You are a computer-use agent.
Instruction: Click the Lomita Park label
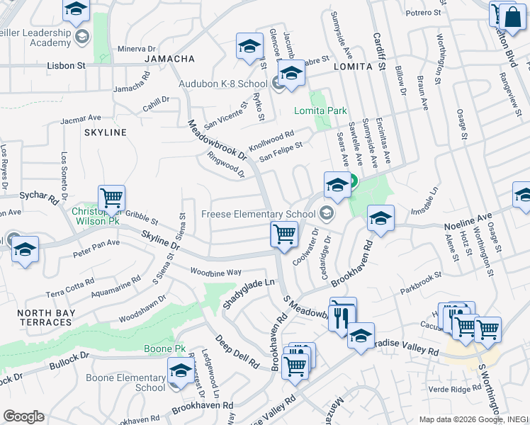tap(321, 110)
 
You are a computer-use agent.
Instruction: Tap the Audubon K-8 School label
tap(233, 84)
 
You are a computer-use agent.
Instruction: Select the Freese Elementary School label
tap(258, 214)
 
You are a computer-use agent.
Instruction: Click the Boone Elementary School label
tap(125, 382)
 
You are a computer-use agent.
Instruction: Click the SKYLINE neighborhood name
tap(105, 132)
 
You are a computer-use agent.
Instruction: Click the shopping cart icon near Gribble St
tap(111, 199)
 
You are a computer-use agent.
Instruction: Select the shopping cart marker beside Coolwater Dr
tap(284, 234)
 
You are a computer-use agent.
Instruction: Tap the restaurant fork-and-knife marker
tap(342, 313)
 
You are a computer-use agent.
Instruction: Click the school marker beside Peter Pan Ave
tap(26, 250)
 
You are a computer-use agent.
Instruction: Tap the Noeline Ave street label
tap(468, 221)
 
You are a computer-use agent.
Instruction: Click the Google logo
tap(23, 416)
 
